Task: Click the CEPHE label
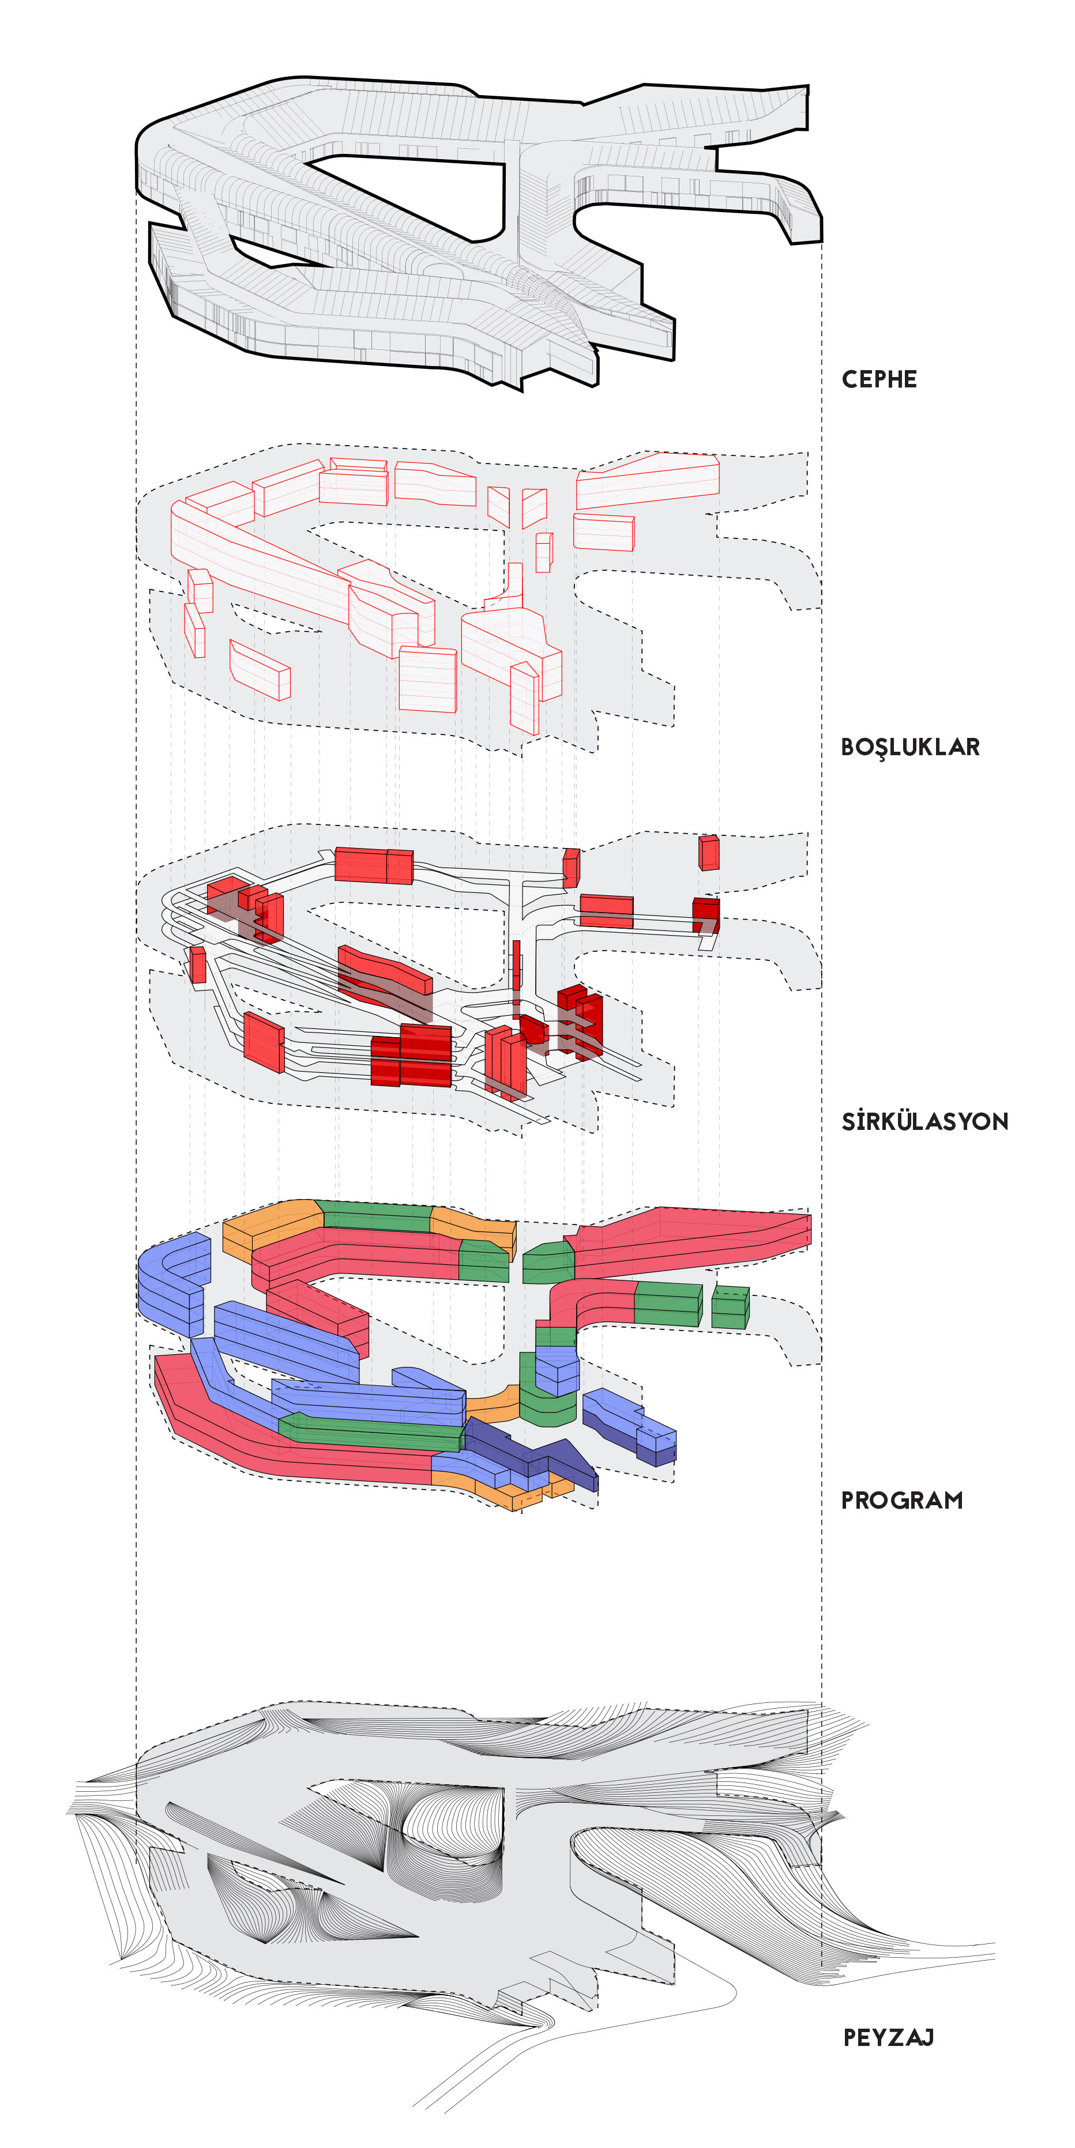coord(879,379)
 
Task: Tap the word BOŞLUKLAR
coord(910,747)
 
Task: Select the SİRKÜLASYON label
coord(924,1121)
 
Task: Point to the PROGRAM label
coord(901,1501)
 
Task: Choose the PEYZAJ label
coord(888,2038)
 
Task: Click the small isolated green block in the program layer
coord(730,1307)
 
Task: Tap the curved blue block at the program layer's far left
coord(171,1280)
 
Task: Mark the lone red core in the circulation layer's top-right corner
coord(709,852)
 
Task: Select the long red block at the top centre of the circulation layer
coord(373,865)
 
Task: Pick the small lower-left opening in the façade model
coord(258,250)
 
